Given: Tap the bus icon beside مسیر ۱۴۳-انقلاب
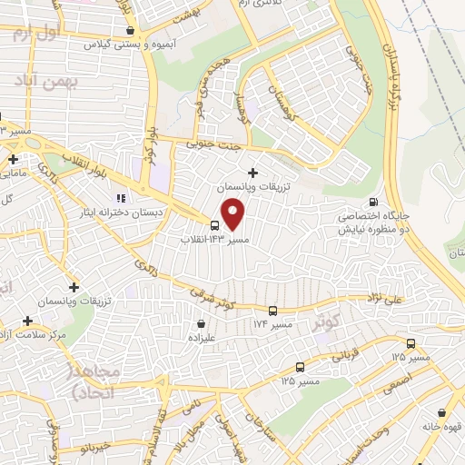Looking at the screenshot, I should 214,225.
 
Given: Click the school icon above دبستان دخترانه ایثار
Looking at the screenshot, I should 119,198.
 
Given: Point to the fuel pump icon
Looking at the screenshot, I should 372,203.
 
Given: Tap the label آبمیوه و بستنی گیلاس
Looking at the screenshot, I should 122,44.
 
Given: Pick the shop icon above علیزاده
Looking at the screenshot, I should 202,323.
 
